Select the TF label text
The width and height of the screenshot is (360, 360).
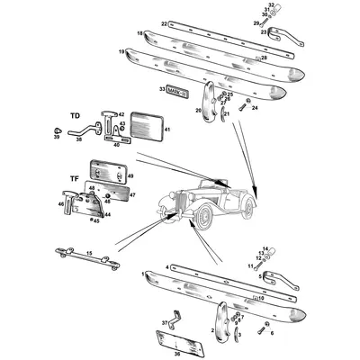(76, 180)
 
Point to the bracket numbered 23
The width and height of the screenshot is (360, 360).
(274, 38)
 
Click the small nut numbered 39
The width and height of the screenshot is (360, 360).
(57, 137)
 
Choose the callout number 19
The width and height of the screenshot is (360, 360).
(121, 53)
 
